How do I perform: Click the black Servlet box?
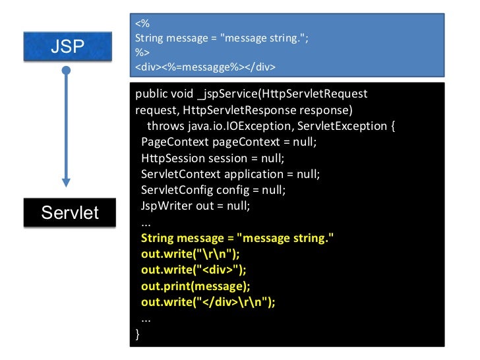69,213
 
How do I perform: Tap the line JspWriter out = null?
196,206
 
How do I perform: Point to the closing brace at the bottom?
138,334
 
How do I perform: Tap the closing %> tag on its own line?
142,53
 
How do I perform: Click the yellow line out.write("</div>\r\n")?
208,302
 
